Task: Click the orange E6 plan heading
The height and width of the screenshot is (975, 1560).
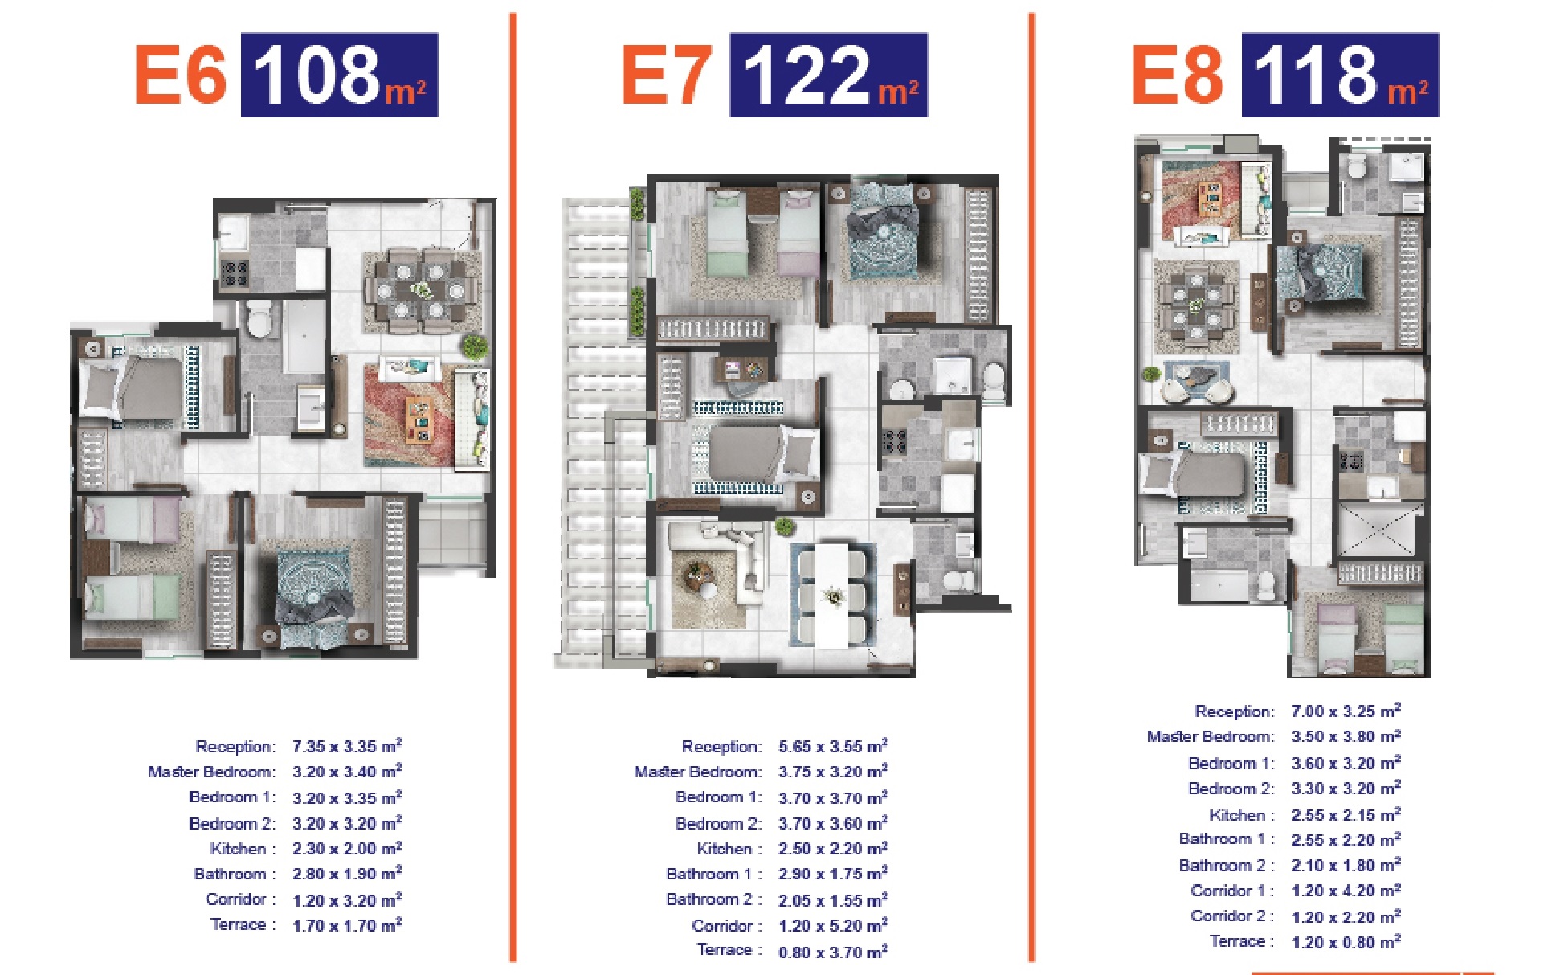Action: [x=181, y=75]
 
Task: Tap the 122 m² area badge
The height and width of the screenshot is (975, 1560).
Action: [x=828, y=75]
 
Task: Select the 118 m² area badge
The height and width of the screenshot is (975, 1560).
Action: [x=1340, y=75]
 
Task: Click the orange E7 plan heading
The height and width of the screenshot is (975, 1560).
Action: [x=667, y=75]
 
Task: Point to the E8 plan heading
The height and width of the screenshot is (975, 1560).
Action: [x=1178, y=75]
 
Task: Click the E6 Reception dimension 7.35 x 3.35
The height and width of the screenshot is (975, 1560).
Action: [x=346, y=746]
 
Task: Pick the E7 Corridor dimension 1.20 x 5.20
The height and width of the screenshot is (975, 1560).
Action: [x=833, y=925]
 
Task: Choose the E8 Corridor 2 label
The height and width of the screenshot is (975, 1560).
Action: [x=1231, y=916]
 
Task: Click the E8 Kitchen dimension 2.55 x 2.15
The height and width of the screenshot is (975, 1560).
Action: [x=1346, y=814]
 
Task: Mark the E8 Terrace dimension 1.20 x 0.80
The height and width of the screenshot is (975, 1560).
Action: [x=1346, y=942]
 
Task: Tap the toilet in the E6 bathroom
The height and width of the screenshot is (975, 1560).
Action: [x=259, y=320]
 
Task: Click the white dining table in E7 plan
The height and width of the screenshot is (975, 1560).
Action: [x=833, y=594]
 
